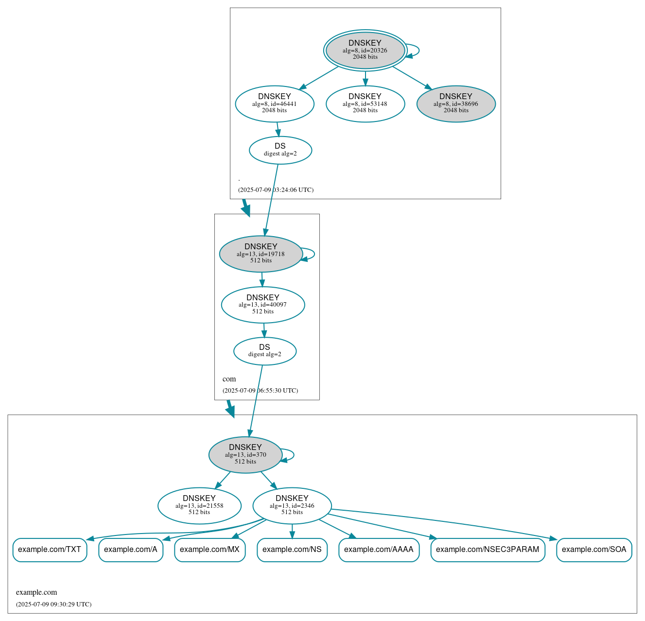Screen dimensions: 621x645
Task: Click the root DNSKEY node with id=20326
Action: tap(365, 50)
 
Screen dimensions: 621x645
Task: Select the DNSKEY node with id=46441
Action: tap(275, 103)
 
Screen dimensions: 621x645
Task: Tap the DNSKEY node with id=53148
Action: tap(365, 103)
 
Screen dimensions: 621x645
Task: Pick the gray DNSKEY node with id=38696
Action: tap(456, 103)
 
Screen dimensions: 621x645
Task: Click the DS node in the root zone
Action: tap(280, 150)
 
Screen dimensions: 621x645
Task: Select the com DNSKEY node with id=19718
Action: tap(261, 254)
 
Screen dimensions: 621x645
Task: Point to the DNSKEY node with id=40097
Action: tap(263, 305)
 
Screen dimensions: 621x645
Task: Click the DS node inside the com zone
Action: tap(265, 351)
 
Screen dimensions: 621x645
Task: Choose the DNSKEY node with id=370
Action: tap(245, 455)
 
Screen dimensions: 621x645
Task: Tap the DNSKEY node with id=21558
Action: tap(199, 506)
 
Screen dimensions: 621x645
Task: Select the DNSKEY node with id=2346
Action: tap(292, 506)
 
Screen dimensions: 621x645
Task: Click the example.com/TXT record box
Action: tap(50, 550)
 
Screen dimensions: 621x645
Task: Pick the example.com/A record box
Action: tap(131, 550)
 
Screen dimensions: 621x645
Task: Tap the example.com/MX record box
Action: tap(209, 550)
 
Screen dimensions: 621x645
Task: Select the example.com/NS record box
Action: tap(292, 550)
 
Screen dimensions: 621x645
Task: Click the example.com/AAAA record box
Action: tap(379, 550)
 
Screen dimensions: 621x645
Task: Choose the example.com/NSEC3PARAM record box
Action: tap(488, 550)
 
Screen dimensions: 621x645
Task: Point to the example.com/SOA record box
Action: tap(594, 550)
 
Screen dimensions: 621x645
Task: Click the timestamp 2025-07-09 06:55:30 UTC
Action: tap(261, 391)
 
